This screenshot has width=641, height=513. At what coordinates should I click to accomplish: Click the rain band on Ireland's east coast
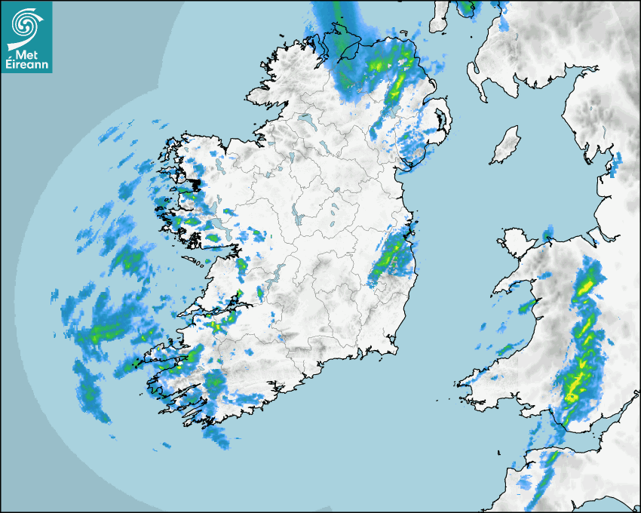coord(390,256)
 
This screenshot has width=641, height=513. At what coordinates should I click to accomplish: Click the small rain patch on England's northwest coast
coord(616,164)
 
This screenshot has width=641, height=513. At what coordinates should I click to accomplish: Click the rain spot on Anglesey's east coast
coord(548,231)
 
